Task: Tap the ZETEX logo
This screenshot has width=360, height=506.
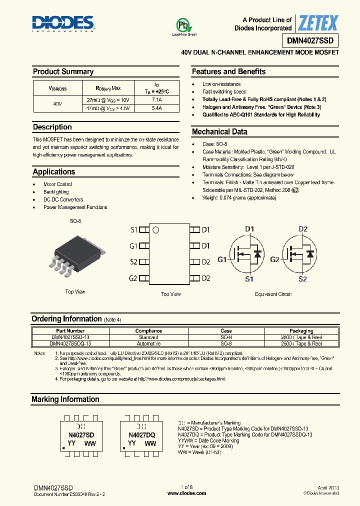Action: tap(318, 23)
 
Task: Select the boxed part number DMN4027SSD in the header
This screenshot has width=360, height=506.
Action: tap(313, 40)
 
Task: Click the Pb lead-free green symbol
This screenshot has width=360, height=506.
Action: tap(184, 26)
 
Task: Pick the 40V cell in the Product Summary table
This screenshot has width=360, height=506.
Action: tap(57, 104)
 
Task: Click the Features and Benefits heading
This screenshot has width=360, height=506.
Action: tap(228, 71)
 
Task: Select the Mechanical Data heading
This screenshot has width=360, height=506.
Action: tap(219, 132)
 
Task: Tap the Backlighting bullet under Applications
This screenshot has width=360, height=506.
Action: tap(56, 192)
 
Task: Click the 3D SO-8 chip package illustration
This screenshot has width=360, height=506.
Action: tap(76, 257)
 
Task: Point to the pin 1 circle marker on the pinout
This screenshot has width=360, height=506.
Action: tap(155, 230)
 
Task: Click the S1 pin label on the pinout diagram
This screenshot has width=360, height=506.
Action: tap(133, 230)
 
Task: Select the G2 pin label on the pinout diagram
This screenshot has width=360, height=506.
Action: tap(133, 278)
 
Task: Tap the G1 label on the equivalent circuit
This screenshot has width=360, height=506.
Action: tap(222, 259)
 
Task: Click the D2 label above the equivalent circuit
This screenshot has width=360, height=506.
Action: tap(302, 229)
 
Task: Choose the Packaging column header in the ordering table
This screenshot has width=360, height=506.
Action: tap(301, 330)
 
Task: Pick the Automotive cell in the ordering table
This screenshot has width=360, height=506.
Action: tap(148, 344)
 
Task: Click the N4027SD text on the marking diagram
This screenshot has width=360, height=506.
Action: tap(81, 435)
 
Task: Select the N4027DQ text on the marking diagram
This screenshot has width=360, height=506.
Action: tap(142, 435)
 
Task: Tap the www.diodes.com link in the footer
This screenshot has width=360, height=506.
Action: tap(186, 493)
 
